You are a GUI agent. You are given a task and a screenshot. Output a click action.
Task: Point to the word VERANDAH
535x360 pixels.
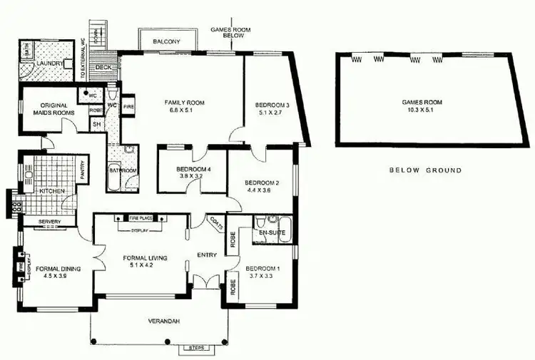165,322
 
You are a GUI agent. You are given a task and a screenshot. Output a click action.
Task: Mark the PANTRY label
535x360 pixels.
83,170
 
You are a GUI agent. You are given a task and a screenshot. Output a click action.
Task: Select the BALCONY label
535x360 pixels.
167,42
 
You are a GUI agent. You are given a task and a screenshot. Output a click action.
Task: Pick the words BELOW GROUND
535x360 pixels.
425,170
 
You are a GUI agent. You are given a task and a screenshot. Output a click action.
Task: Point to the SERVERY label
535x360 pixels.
50,222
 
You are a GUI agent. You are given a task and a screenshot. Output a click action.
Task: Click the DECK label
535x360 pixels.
104,68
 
